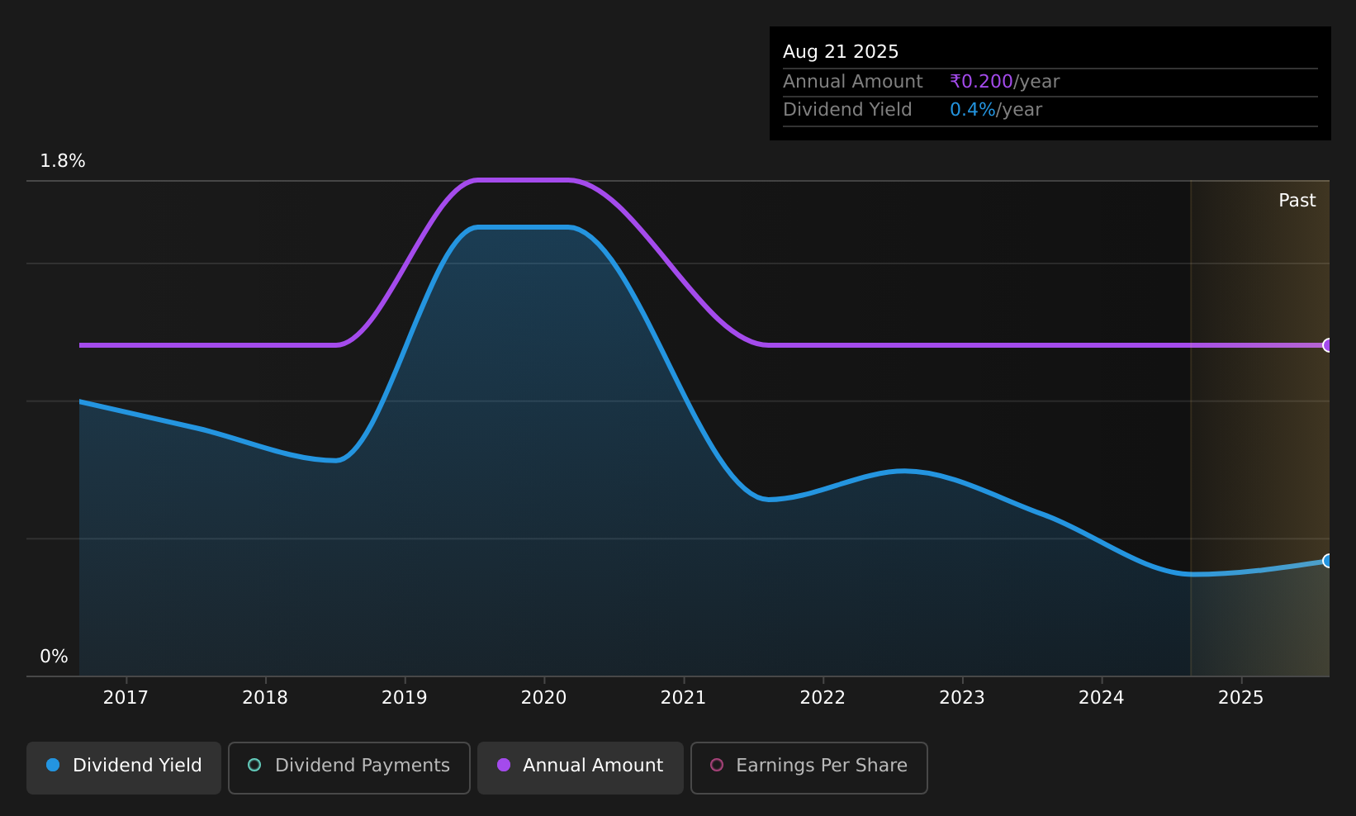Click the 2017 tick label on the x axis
[x=126, y=698]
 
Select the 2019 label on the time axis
[x=405, y=698]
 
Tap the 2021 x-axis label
[x=684, y=698]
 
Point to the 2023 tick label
[x=962, y=698]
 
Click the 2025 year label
[x=1241, y=698]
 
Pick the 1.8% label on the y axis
[x=63, y=161]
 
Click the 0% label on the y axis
[x=54, y=657]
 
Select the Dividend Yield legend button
[x=124, y=767]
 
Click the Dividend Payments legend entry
[x=349, y=767]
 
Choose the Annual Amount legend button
[x=581, y=767]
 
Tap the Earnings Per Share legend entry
[x=809, y=767]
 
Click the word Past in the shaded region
[x=1297, y=201]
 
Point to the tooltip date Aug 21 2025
[x=841, y=52]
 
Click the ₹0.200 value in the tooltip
[x=981, y=82]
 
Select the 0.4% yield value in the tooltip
[x=972, y=110]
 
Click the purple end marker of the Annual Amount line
[x=1328, y=345]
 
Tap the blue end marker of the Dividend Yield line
[x=1328, y=561]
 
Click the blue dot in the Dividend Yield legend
[x=54, y=765]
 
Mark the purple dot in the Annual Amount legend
[x=504, y=765]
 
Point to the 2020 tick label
[x=543, y=698]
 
